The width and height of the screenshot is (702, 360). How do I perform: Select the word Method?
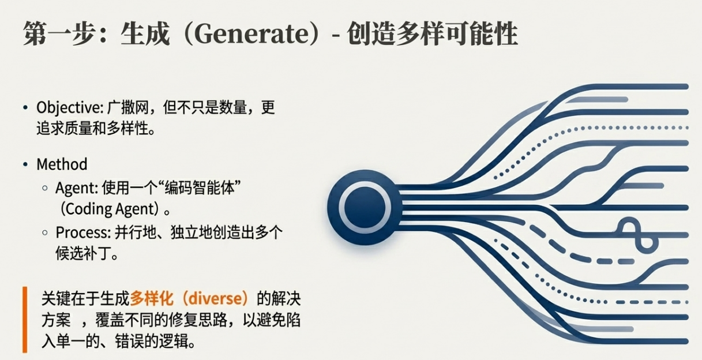(x=62, y=164)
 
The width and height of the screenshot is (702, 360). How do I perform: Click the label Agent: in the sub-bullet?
(x=77, y=188)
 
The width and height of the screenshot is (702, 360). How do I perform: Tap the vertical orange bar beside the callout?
(x=25, y=320)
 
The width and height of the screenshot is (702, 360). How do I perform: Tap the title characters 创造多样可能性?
(x=432, y=35)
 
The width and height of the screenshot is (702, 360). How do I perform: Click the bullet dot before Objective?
(x=25, y=108)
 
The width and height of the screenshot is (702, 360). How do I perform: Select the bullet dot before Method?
(x=25, y=165)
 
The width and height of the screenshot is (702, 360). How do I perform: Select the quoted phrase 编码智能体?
(x=192, y=188)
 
